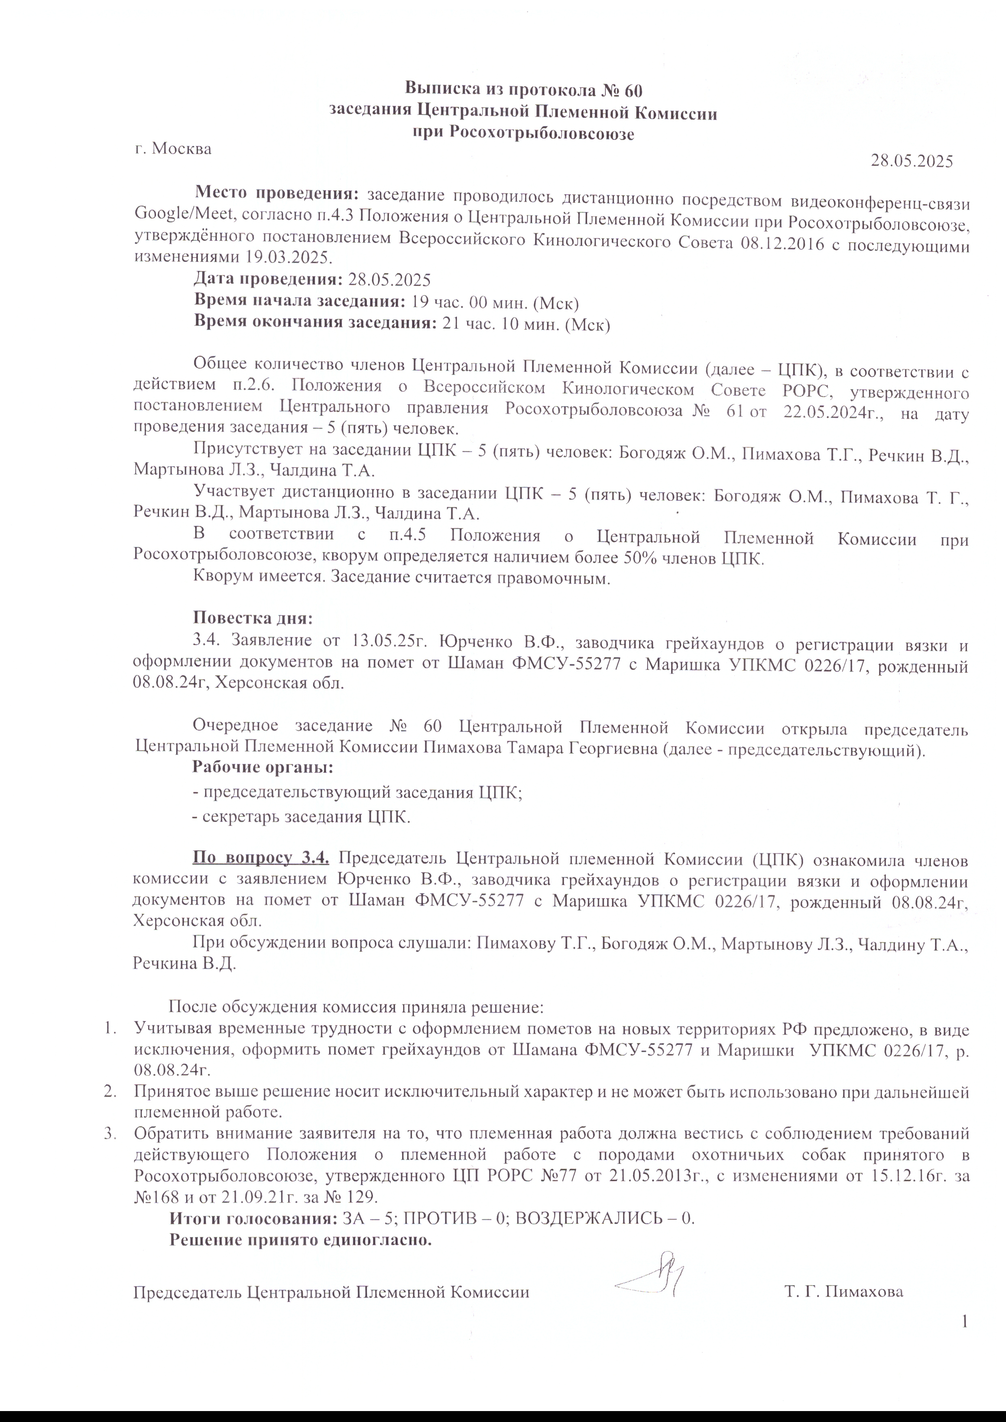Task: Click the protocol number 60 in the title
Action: point(633,89)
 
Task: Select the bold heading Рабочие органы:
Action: point(263,767)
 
